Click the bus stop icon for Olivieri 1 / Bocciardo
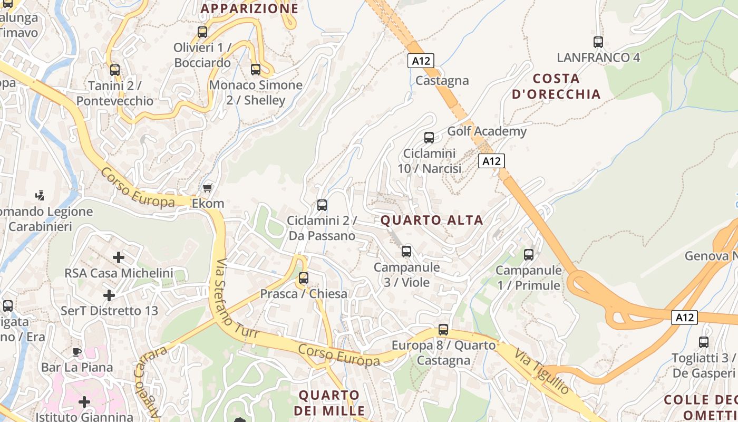(202, 32)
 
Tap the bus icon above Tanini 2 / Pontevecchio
(115, 70)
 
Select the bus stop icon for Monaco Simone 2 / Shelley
(256, 69)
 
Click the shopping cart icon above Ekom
(208, 188)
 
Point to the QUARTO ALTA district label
(432, 220)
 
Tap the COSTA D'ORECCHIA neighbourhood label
(556, 87)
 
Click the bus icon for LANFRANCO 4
(598, 42)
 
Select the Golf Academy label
(487, 131)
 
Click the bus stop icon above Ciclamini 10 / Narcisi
(429, 138)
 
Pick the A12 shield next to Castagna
(421, 61)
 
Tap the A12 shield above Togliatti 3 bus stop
(684, 318)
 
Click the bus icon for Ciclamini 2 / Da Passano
(322, 205)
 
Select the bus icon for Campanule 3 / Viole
(406, 252)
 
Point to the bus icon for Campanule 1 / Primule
(529, 255)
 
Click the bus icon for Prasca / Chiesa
(304, 278)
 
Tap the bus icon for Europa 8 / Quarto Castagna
(443, 330)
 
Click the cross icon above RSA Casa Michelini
(119, 257)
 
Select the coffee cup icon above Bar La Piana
(77, 351)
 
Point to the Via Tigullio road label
(542, 371)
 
